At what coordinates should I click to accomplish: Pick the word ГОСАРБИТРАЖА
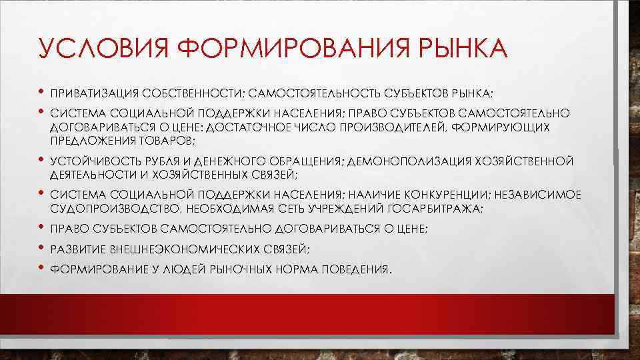pyautogui.click(x=436, y=209)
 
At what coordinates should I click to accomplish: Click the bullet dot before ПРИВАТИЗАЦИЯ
pyautogui.click(x=41, y=91)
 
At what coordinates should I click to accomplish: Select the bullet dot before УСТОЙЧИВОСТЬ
pyautogui.click(x=41, y=161)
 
